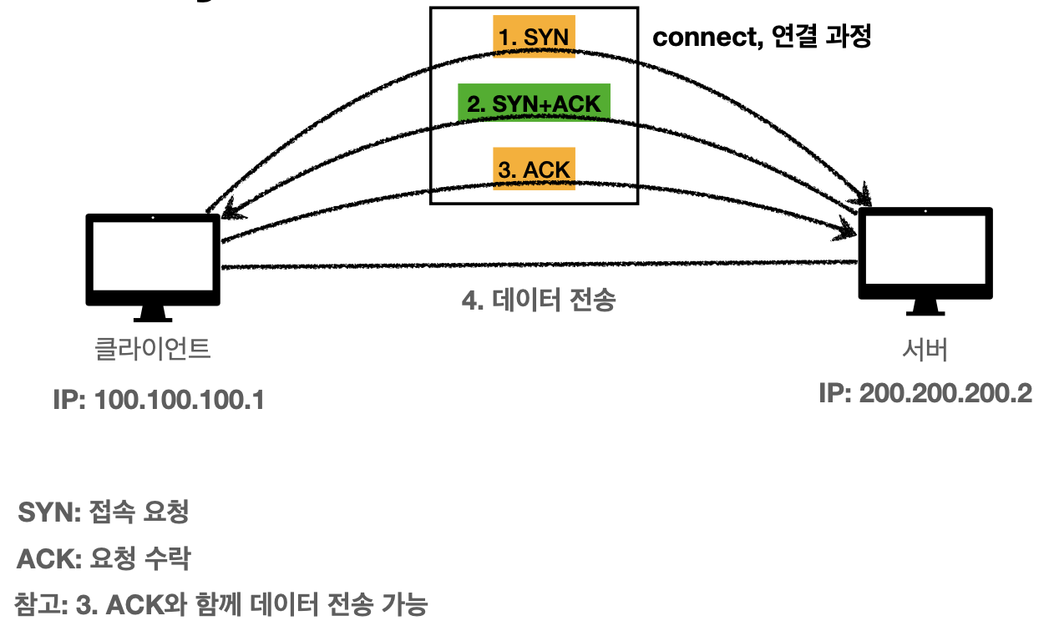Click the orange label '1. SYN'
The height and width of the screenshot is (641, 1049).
[x=535, y=37]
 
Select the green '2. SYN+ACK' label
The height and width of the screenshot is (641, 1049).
[x=534, y=103]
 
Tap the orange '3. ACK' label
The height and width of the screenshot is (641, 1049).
[x=535, y=169]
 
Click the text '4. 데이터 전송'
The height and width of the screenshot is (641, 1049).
[x=539, y=300]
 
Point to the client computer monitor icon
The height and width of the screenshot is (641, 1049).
[x=153, y=261]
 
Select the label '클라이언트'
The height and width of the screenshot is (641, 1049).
[x=153, y=348]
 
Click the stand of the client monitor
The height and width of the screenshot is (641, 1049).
[x=153, y=314]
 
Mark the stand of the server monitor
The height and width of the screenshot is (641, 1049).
[x=925, y=307]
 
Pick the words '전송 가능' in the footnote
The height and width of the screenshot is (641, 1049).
[x=377, y=603]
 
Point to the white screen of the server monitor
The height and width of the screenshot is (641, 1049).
[x=925, y=250]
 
